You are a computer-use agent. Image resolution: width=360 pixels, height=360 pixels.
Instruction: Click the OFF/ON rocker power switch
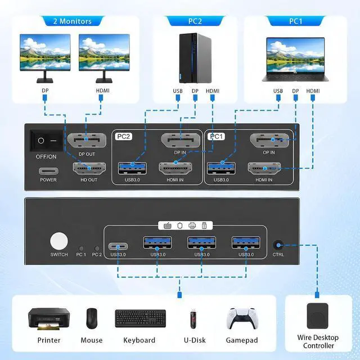(x=46, y=141)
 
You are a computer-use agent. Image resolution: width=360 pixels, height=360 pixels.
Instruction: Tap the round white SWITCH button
(x=59, y=241)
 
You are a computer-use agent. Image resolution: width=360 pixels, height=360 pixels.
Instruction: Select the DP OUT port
(x=87, y=140)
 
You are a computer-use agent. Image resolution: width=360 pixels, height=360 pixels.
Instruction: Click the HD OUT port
(x=89, y=169)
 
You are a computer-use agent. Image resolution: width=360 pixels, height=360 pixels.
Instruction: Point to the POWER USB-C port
(x=48, y=171)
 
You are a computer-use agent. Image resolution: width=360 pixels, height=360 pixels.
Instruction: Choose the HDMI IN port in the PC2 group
(x=175, y=169)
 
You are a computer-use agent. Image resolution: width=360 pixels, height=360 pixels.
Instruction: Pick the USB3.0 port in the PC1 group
(x=221, y=168)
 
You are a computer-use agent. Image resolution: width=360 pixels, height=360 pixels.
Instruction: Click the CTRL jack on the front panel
(x=278, y=245)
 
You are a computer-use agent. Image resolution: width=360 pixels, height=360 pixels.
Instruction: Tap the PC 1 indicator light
(x=81, y=249)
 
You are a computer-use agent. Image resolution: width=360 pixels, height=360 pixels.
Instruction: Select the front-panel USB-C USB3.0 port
(x=118, y=246)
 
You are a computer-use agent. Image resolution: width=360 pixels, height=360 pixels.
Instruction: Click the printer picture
(x=49, y=319)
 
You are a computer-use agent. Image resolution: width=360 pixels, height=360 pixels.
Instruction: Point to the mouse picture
(x=92, y=318)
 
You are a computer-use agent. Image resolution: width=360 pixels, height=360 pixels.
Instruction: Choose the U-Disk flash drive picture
(x=193, y=318)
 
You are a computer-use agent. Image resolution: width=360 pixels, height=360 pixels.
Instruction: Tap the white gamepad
(x=242, y=318)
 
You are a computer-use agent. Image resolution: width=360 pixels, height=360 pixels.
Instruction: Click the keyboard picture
(x=140, y=318)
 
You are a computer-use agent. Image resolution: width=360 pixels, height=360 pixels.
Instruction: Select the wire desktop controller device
(x=317, y=316)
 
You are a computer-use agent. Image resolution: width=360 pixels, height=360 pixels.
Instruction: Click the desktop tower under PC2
(x=195, y=58)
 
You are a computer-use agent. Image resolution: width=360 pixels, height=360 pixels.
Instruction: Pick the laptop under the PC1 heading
(x=295, y=59)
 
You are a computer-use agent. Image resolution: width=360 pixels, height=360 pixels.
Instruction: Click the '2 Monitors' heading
(x=73, y=21)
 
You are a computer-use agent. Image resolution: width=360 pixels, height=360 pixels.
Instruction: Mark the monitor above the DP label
(x=45, y=58)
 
